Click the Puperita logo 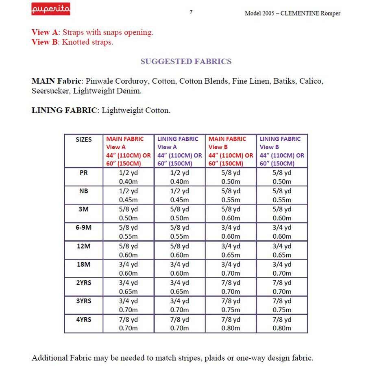click(51, 9)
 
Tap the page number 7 click(191, 12)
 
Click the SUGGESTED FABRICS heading click(186, 61)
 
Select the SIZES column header click(84, 139)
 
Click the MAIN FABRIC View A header click(129, 151)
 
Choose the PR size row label click(84, 172)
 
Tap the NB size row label click(84, 191)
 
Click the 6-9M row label click(84, 228)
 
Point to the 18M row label click(84, 264)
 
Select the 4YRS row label click(84, 320)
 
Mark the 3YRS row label click(84, 301)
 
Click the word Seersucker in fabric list click(52, 91)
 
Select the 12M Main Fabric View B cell click(231, 251)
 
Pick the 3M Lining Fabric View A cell click(179, 214)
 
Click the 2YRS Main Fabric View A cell click(129, 287)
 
